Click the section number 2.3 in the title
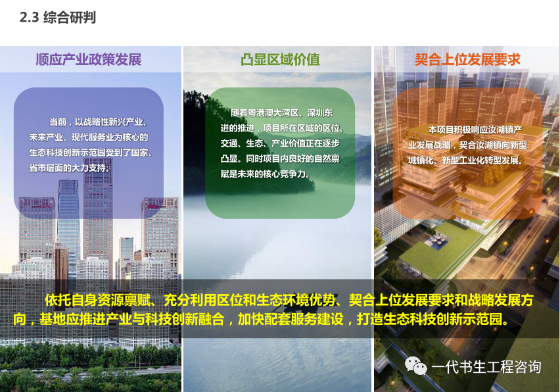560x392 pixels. pos(29,17)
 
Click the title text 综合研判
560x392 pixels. pos(70,17)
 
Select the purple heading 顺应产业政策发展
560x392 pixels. pos(89,59)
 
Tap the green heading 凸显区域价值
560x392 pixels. pos(280,59)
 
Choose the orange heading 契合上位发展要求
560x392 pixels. pos(467,59)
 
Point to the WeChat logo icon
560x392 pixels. pos(415,366)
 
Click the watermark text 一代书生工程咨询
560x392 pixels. pos(486,367)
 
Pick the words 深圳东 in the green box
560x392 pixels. pos(320,113)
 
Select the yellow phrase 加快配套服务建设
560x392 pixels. pos(291,319)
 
